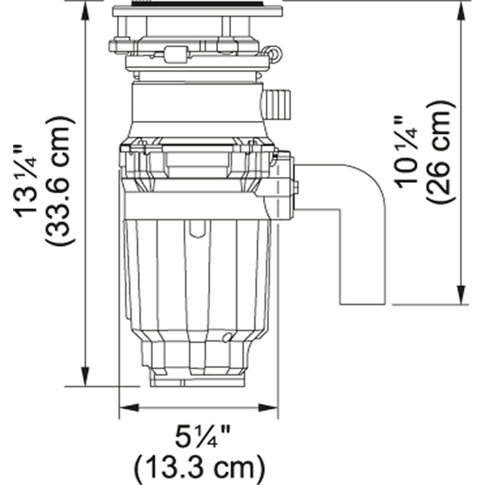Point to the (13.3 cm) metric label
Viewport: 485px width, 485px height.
[x=199, y=467]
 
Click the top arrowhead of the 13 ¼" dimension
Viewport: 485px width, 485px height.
[x=85, y=11]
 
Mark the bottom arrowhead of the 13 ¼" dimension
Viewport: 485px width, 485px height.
[x=85, y=376]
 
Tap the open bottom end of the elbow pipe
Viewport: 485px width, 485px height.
[x=363, y=303]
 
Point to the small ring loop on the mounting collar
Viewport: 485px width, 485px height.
[x=274, y=52]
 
